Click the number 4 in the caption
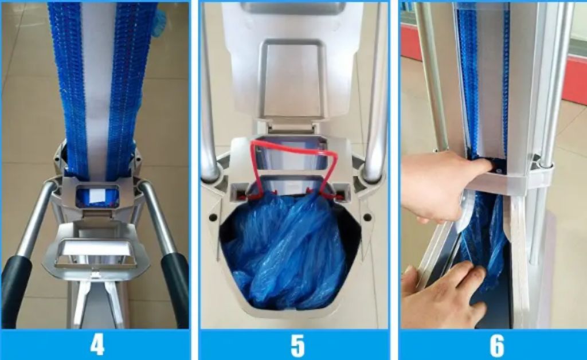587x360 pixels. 97,345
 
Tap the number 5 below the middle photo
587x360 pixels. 297,345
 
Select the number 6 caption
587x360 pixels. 496,345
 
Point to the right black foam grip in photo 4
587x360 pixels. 175,289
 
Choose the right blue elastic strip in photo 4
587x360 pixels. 127,86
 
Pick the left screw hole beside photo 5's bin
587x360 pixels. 214,218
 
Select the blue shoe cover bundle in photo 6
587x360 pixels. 484,235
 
